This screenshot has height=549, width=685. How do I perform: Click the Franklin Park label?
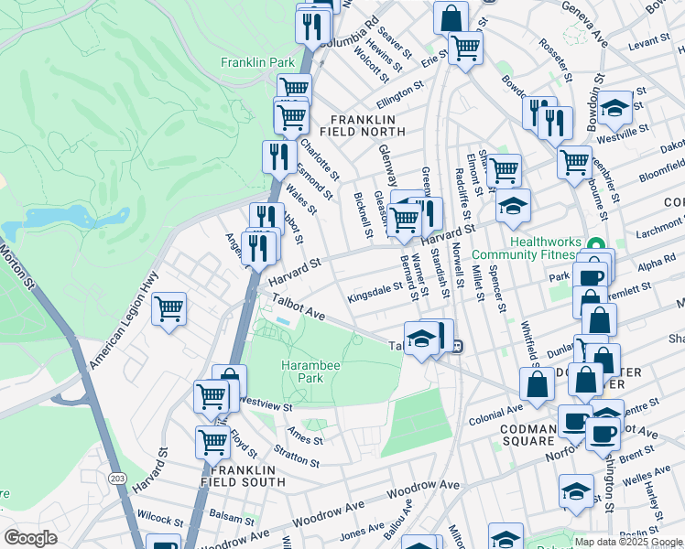coord(257,62)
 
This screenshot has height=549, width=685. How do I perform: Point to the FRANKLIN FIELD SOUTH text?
coord(235,475)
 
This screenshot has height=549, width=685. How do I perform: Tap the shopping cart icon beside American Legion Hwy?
coord(169,310)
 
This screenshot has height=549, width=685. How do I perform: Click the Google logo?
coord(30,537)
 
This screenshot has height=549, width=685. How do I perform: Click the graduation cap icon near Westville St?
coord(615,108)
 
